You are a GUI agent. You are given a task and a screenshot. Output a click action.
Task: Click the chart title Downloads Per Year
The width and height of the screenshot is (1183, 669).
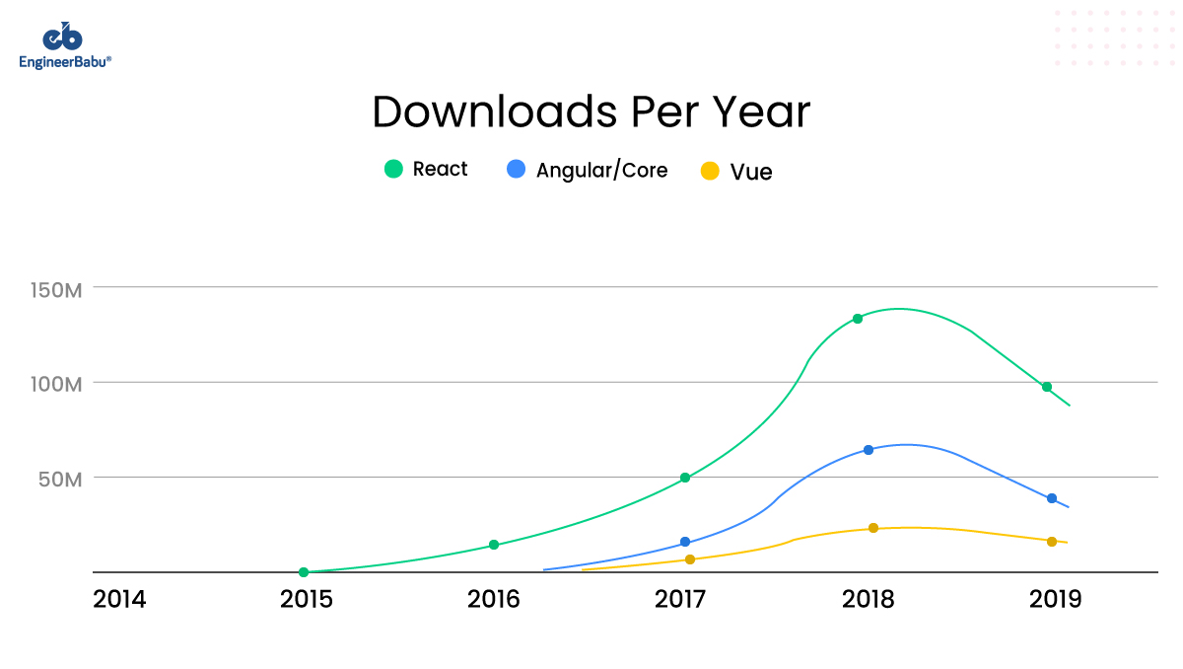coord(591,112)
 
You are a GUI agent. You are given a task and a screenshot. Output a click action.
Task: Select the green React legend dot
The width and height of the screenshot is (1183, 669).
coord(394,169)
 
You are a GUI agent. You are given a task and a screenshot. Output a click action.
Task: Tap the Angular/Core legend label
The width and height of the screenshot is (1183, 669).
coord(601,170)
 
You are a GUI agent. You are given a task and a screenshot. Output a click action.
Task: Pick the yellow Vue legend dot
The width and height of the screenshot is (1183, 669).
coord(710,171)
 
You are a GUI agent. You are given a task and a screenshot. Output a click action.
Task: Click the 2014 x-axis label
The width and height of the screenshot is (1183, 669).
coord(119,599)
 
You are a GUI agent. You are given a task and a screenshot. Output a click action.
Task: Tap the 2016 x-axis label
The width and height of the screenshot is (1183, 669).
coord(494,599)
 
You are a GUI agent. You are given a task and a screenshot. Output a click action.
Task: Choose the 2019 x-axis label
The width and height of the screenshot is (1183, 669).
coord(1055,599)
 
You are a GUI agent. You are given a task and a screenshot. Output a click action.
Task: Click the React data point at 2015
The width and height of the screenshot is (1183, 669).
coord(304,572)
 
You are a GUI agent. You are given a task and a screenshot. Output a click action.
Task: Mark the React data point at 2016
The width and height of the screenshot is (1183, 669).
coord(494,545)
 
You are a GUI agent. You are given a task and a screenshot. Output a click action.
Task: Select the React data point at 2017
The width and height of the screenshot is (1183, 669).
coord(685,478)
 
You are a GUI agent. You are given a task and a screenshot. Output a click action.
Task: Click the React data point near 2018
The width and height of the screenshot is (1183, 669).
coord(858,319)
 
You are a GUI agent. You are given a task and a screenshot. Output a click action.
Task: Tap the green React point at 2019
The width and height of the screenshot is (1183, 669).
coord(1047,387)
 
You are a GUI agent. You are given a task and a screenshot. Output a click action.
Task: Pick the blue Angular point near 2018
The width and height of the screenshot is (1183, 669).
coord(869,450)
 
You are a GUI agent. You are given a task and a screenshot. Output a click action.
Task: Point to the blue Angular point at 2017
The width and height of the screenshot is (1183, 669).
coord(685,542)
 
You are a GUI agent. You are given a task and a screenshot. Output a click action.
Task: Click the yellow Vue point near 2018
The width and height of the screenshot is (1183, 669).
coord(873,528)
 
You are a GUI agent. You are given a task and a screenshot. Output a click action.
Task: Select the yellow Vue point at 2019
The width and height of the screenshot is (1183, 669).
coord(1052,541)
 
